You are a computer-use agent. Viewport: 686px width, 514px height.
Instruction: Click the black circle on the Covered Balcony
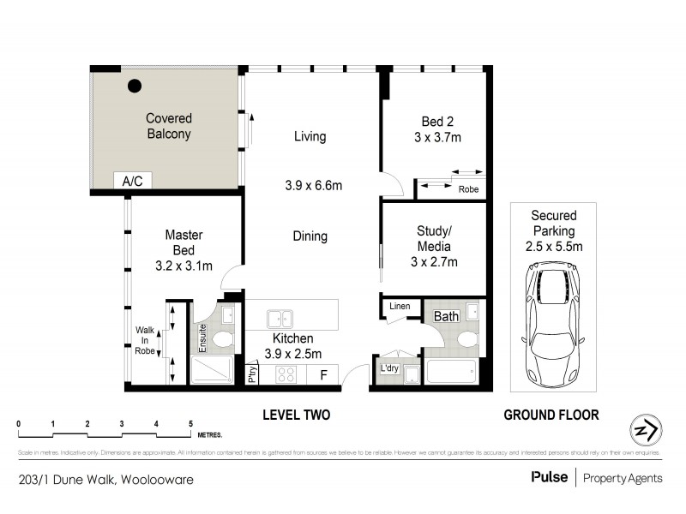click(x=135, y=86)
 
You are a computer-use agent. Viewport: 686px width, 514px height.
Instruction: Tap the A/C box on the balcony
click(x=132, y=182)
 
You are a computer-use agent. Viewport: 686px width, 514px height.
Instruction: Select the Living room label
click(x=310, y=136)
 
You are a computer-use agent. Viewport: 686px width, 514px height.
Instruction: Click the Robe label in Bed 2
click(x=468, y=189)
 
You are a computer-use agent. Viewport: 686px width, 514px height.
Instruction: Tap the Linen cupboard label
click(x=400, y=306)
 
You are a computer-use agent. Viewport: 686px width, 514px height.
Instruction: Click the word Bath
click(x=446, y=317)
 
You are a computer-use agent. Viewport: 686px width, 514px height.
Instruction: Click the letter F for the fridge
click(x=322, y=374)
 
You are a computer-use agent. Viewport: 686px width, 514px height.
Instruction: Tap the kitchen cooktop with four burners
click(x=285, y=374)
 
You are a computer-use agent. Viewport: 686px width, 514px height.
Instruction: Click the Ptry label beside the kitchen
click(x=253, y=374)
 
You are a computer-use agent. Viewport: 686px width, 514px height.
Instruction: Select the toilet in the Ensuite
click(x=221, y=340)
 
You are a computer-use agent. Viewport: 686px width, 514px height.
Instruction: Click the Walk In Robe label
click(x=145, y=341)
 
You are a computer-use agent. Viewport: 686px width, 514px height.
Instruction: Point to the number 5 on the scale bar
click(x=190, y=423)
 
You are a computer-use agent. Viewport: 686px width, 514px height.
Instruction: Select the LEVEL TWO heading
click(x=296, y=415)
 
